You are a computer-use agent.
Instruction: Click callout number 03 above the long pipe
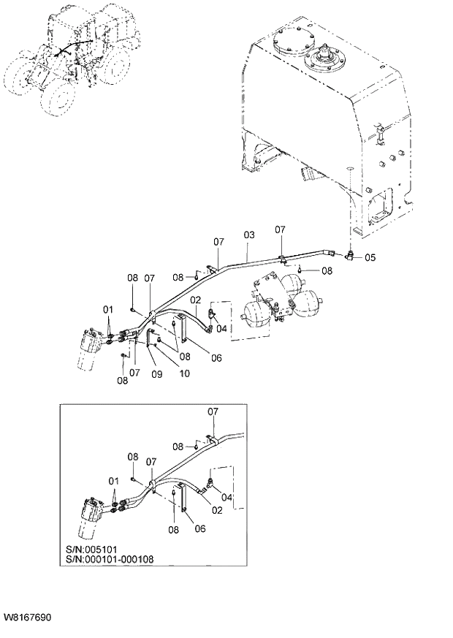click(x=248, y=235)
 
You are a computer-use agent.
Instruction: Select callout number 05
click(x=370, y=257)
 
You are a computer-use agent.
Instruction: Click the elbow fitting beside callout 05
click(x=351, y=257)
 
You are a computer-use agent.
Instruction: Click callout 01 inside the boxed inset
click(x=113, y=481)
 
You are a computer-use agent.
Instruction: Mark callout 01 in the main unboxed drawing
click(x=108, y=309)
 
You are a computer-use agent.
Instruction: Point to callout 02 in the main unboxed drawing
click(x=196, y=300)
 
